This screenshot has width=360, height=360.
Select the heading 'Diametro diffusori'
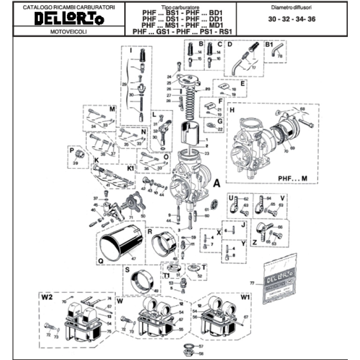[291, 8]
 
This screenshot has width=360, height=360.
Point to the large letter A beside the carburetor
[217, 183]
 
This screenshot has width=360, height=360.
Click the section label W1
[245, 297]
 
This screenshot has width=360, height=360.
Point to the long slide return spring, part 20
[192, 105]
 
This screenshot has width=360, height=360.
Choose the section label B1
[270, 45]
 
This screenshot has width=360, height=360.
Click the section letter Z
[255, 243]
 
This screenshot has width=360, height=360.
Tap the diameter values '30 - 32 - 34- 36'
[291, 20]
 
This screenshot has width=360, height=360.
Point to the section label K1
[130, 167]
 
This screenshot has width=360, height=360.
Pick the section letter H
[232, 111]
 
